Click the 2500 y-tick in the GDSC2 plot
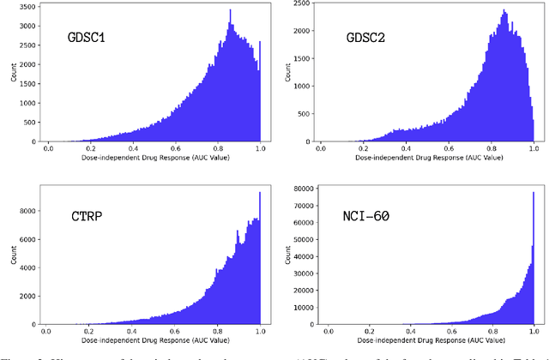pos(300,5)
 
